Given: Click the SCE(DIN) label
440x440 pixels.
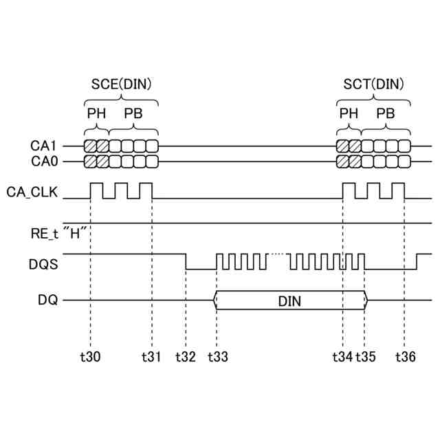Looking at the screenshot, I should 121,84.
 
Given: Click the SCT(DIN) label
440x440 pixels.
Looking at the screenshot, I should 374,84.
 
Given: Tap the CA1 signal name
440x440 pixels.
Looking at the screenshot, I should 43,146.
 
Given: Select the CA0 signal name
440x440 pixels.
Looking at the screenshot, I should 43,162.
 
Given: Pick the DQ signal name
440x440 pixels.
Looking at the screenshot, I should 49,300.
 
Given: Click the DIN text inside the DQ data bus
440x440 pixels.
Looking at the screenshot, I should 290,300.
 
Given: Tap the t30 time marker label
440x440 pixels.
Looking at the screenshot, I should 90,357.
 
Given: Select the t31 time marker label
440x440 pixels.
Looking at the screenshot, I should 151,357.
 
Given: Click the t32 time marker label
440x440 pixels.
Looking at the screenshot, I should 186,357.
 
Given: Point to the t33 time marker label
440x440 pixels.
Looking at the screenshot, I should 217,357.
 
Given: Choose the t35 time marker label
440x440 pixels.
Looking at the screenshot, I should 366,357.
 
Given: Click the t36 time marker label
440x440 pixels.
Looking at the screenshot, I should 405,357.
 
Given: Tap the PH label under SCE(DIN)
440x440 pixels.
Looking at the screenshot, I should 96,113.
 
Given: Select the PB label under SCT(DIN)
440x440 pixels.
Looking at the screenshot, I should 386,113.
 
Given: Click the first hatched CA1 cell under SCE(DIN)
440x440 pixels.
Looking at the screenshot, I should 90,146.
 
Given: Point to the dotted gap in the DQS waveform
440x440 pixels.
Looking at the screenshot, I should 277,254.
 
